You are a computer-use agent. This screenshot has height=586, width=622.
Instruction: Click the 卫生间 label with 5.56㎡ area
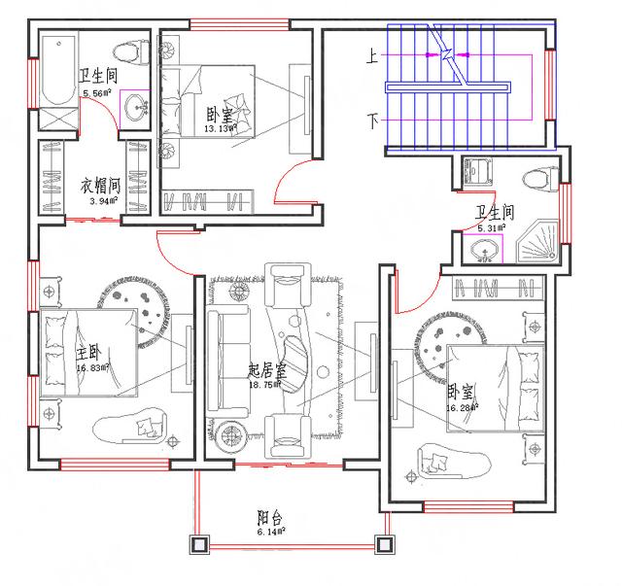pyautogui.click(x=98, y=74)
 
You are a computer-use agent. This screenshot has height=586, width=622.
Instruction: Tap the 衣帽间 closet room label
pyautogui.click(x=99, y=183)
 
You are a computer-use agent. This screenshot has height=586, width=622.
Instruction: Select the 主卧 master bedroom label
pyautogui.click(x=87, y=352)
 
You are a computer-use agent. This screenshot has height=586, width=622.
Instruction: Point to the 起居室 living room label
pyautogui.click(x=266, y=370)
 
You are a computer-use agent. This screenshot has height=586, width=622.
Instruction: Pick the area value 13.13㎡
pyautogui.click(x=221, y=127)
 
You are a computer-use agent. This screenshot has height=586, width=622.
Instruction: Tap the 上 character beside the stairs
pyautogui.click(x=371, y=58)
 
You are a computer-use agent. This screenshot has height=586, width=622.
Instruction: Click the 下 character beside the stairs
pyautogui.click(x=371, y=121)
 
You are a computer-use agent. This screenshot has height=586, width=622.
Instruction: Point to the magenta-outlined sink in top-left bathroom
pyautogui.click(x=134, y=106)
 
